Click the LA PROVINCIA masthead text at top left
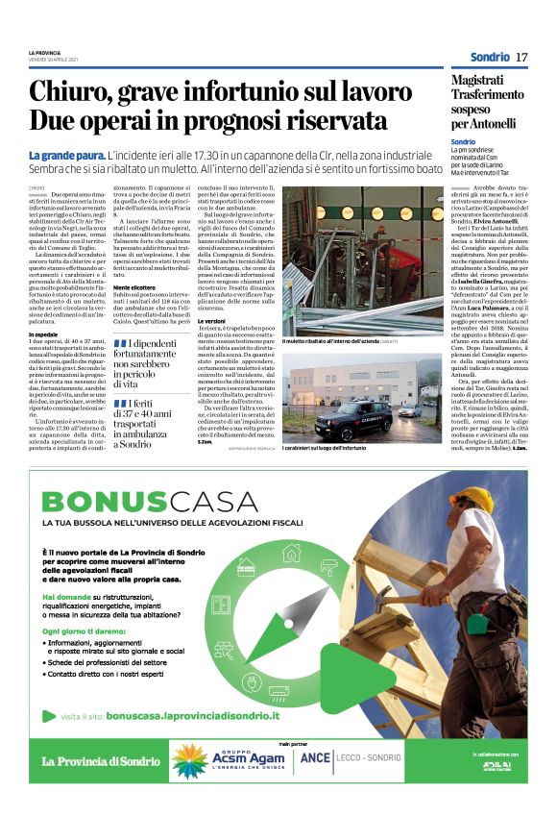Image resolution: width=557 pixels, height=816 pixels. [44, 51]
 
